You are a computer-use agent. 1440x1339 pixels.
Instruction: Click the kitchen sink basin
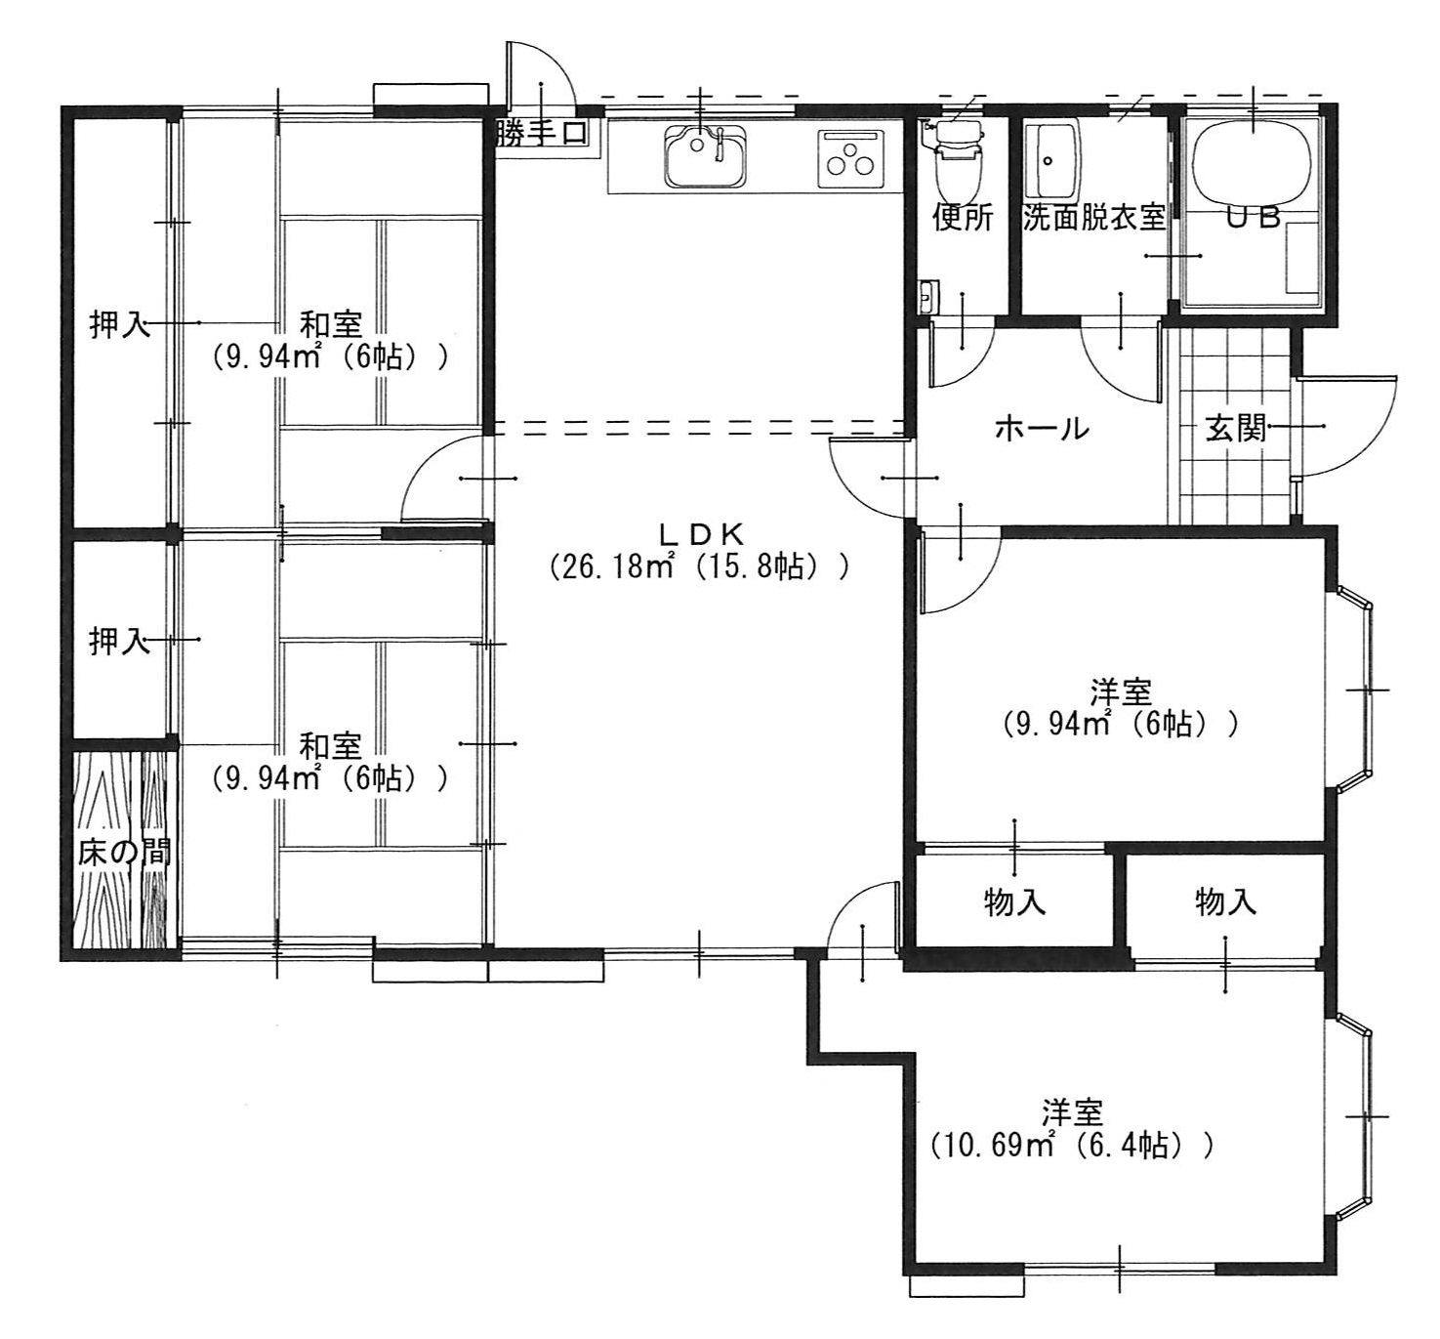coord(705,155)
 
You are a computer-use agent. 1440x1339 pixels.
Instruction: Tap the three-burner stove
coord(852,159)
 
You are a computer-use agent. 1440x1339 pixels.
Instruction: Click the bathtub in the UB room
coord(1252,165)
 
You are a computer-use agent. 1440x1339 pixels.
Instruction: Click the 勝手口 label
coord(542,134)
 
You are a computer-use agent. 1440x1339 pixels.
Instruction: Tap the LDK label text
coord(700,534)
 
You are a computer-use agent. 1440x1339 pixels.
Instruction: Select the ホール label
coord(1042,429)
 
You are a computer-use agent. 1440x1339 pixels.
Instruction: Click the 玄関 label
coord(1236,428)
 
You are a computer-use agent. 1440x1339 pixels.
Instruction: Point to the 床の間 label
coord(124,852)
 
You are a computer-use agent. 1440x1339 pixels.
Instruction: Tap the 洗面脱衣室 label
coord(1093,217)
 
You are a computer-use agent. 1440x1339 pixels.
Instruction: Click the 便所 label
coord(963,217)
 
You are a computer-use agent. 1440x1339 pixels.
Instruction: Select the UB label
coord(1253,217)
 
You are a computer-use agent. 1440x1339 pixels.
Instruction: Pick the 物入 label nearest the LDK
coord(1014,903)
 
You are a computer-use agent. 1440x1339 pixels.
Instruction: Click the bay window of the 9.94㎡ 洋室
coord(1354,690)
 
